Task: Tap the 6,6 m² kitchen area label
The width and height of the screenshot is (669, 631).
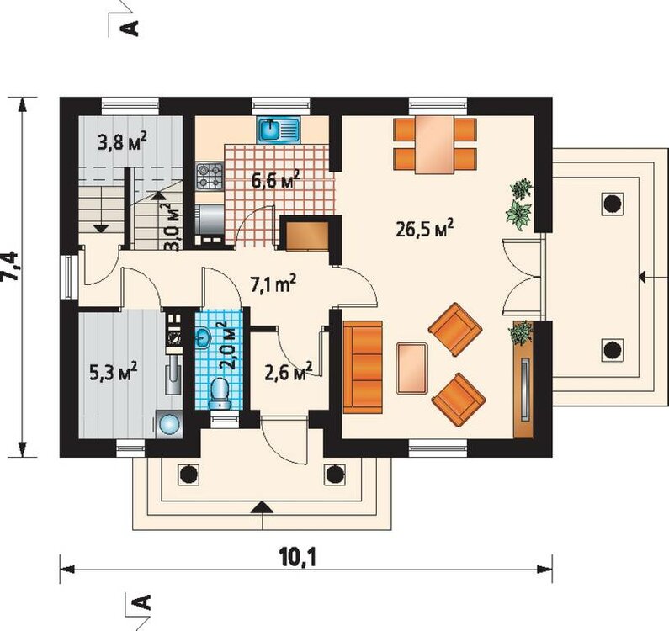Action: (275, 179)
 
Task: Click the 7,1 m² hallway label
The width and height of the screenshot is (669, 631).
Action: (273, 284)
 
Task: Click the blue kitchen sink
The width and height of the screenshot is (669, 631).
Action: (279, 130)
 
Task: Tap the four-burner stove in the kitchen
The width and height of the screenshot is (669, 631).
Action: (210, 176)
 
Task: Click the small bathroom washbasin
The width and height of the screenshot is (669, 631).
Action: (203, 337)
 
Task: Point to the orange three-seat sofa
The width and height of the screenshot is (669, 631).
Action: (363, 368)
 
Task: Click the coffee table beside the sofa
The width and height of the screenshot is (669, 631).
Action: (412, 368)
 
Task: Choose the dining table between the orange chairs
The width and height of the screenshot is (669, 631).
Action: (435, 144)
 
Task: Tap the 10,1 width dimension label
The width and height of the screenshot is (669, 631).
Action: (300, 557)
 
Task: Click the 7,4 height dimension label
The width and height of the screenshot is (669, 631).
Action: (10, 266)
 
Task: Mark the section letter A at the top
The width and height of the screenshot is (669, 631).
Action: (130, 28)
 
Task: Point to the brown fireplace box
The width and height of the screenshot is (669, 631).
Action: (307, 236)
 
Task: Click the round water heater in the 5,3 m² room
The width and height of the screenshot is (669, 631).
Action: (168, 424)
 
